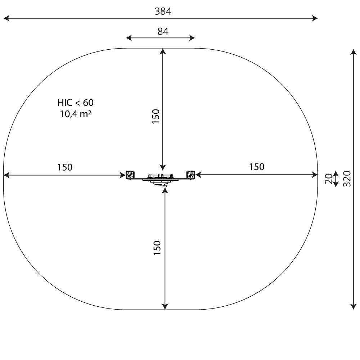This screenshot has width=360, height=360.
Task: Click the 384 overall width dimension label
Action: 163,11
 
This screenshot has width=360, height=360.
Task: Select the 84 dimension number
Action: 163,31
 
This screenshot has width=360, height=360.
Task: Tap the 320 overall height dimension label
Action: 347,179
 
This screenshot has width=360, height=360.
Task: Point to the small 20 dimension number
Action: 329,179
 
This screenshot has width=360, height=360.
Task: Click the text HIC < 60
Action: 76,103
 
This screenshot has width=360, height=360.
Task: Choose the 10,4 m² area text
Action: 76,114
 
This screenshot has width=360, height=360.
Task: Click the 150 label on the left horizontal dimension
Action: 65,167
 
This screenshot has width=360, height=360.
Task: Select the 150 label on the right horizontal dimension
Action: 257,167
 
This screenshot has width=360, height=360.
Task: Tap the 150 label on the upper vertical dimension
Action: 156,116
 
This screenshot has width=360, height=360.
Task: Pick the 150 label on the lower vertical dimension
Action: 157,248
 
